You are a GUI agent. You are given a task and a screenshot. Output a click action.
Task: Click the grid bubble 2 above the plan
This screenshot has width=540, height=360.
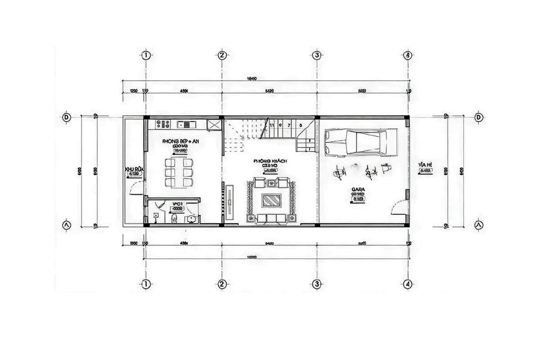point(221,55)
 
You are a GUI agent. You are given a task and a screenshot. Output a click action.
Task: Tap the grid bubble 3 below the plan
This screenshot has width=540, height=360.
point(317,284)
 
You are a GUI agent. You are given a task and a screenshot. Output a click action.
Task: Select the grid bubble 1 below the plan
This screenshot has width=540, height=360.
point(145,284)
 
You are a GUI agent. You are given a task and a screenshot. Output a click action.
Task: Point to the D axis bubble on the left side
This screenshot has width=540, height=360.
point(67,117)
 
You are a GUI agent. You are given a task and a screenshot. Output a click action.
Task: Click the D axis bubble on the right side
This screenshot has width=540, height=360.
point(478,117)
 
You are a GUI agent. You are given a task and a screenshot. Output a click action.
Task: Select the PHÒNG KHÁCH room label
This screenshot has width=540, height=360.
point(270,161)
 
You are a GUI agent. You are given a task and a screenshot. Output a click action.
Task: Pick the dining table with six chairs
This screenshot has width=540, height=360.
point(179,172)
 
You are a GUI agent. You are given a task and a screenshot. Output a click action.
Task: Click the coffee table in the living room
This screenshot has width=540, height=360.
point(270,199)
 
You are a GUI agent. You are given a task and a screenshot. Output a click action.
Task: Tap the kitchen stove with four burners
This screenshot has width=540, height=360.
point(161,123)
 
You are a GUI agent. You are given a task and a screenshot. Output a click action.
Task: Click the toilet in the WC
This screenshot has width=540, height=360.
point(173,219)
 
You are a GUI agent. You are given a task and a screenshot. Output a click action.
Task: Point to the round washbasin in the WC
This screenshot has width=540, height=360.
point(191,219)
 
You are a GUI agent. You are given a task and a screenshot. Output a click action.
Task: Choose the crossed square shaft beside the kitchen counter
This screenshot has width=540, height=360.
point(214,124)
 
